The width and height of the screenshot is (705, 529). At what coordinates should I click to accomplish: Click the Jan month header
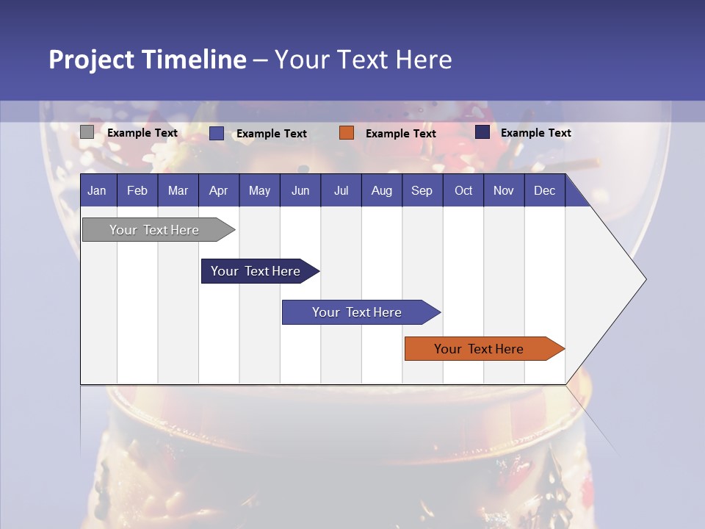click(x=97, y=191)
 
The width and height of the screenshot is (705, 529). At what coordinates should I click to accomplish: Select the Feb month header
click(x=137, y=191)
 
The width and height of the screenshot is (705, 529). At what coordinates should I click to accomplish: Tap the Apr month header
click(x=218, y=191)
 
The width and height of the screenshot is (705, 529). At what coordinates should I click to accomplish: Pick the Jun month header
click(x=300, y=191)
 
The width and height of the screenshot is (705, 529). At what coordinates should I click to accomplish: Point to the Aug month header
click(x=381, y=191)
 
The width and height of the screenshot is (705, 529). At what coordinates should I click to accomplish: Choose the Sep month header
click(x=422, y=191)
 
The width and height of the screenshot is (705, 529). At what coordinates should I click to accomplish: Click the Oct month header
click(x=463, y=191)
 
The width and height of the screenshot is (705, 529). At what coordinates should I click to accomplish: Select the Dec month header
click(x=544, y=191)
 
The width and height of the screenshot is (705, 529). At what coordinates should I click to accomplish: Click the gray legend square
click(x=87, y=132)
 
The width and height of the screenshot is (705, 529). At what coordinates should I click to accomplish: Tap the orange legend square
click(x=347, y=133)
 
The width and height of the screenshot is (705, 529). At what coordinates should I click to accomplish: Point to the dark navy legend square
click(x=482, y=132)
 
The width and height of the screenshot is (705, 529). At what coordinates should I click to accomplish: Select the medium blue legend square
click(x=217, y=133)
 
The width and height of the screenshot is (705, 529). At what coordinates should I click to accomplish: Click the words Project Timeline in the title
click(x=148, y=60)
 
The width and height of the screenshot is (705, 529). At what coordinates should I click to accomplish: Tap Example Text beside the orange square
click(x=400, y=134)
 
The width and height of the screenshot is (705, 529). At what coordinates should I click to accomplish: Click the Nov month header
click(x=504, y=191)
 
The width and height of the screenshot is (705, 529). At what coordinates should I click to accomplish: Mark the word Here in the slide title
click(x=424, y=60)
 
